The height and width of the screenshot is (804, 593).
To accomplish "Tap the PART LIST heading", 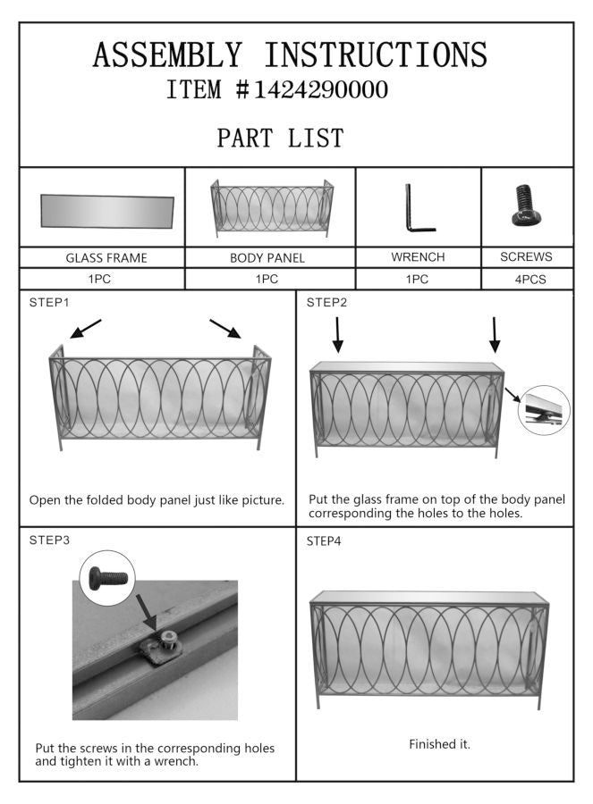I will [x=280, y=138].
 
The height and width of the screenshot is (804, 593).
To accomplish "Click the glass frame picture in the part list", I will [x=107, y=212].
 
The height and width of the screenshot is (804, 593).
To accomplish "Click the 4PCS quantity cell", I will [x=526, y=280].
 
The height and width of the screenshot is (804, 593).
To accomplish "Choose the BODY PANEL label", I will [x=267, y=257].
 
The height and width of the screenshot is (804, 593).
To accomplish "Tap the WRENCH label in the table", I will [x=418, y=256].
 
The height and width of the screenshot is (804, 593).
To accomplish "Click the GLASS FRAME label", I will [x=106, y=257].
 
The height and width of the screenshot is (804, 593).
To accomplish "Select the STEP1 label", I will [x=48, y=302].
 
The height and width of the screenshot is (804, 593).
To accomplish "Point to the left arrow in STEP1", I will [x=86, y=329].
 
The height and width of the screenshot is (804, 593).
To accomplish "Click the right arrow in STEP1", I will [x=225, y=329].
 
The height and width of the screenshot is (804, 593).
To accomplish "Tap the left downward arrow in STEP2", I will [x=338, y=333].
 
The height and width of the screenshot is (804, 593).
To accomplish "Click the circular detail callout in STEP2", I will [x=543, y=409].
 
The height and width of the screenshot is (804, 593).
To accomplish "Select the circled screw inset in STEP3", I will [x=106, y=578].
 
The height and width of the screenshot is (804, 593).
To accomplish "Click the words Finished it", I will [x=439, y=743].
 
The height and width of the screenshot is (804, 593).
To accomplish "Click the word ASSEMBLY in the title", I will [x=166, y=55].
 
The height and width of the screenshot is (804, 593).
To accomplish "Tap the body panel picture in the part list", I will [x=271, y=208].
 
